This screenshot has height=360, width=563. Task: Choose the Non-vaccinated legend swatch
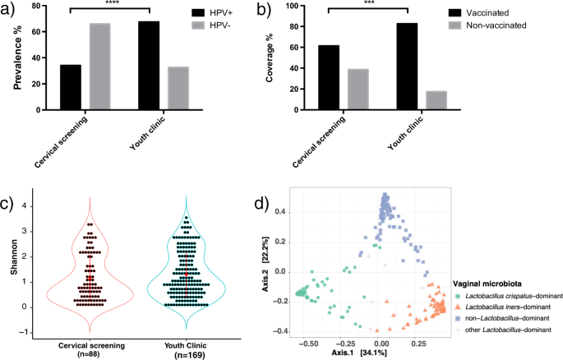click(454, 26)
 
